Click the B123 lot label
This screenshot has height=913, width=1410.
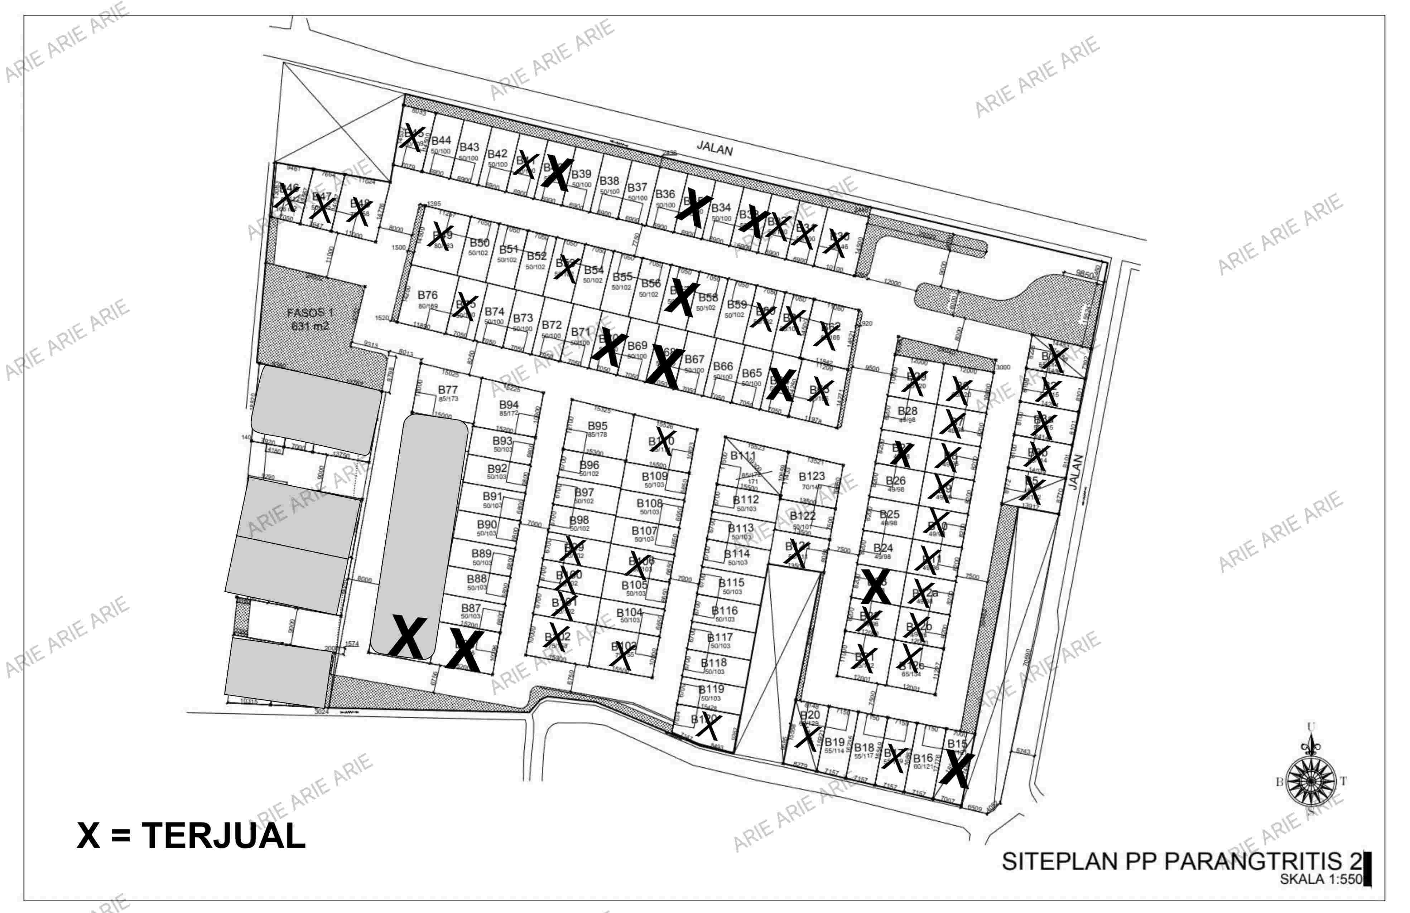point(812,477)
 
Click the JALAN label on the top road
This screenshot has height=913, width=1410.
point(714,148)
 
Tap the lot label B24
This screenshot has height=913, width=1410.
point(883,548)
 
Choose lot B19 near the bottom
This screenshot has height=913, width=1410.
point(834,743)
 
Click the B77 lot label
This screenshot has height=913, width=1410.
point(448,390)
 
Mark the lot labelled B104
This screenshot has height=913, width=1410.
point(629,613)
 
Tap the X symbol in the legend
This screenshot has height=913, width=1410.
point(88,836)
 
